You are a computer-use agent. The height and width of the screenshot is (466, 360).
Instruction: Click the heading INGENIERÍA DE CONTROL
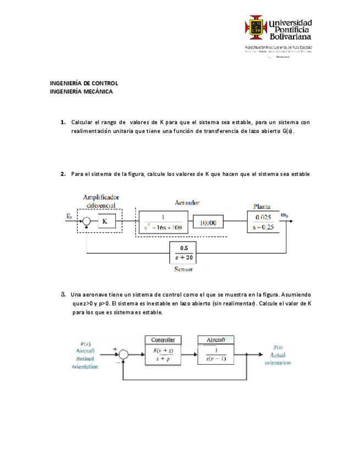84,84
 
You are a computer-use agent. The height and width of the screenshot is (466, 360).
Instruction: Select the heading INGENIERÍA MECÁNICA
81,92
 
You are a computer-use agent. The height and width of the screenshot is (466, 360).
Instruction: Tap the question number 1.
63,121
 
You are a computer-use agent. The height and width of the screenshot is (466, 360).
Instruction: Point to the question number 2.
63,174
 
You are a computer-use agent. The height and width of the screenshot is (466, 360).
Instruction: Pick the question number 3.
64,295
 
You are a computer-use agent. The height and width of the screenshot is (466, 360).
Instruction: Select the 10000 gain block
209,222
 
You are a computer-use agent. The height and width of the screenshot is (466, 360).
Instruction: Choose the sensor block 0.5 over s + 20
184,253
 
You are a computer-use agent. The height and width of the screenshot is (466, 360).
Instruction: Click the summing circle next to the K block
87,221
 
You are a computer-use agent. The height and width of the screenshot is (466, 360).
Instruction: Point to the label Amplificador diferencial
101,201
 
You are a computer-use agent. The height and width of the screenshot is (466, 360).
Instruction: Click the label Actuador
187,203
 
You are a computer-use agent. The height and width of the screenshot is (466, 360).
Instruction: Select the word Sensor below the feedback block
183,269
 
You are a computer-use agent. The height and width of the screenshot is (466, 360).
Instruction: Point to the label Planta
261,207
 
